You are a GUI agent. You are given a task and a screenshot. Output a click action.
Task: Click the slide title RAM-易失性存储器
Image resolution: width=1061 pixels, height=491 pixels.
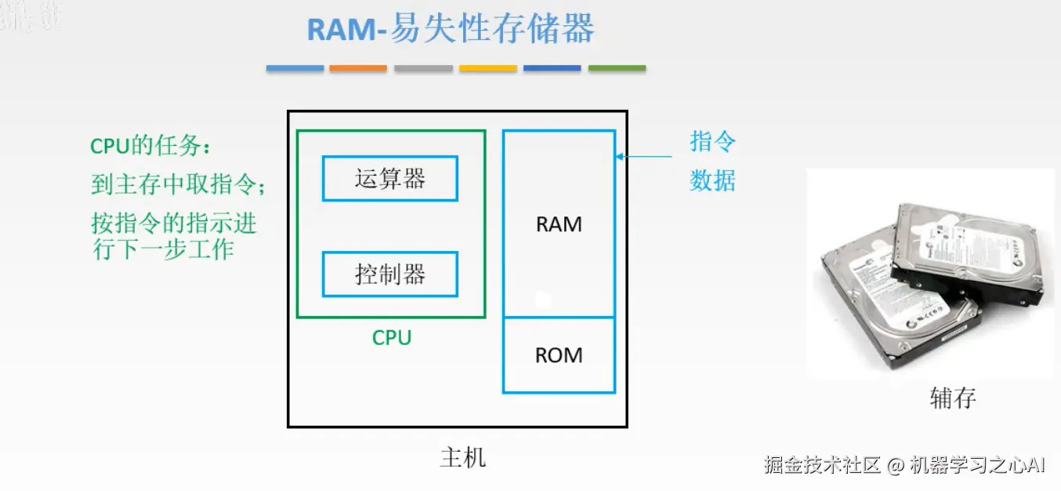pyautogui.click(x=451, y=29)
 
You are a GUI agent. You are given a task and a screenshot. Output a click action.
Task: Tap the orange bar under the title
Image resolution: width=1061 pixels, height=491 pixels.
pyautogui.click(x=358, y=69)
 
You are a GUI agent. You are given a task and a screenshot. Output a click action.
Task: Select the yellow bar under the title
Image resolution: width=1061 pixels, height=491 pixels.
pyautogui.click(x=487, y=69)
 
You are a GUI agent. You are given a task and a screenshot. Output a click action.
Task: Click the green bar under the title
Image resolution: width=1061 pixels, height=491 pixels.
pyautogui.click(x=617, y=69)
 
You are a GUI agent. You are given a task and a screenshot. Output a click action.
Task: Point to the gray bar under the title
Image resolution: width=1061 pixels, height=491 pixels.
pyautogui.click(x=423, y=69)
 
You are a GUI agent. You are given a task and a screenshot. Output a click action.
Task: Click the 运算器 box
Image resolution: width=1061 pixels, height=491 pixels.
pyautogui.click(x=389, y=179)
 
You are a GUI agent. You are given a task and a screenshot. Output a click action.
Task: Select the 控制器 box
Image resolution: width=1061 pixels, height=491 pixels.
pyautogui.click(x=389, y=274)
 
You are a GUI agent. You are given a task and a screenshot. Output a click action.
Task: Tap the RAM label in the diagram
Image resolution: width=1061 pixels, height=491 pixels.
pyautogui.click(x=559, y=224)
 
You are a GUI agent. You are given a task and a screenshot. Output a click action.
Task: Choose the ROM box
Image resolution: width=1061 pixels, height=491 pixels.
pyautogui.click(x=559, y=355)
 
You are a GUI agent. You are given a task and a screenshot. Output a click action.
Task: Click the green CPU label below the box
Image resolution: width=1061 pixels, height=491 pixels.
pyautogui.click(x=391, y=338)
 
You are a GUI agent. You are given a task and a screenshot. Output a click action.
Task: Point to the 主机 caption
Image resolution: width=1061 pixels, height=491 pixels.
pyautogui.click(x=462, y=457)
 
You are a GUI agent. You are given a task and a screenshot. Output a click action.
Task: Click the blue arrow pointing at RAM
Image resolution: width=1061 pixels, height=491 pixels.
pyautogui.click(x=643, y=157)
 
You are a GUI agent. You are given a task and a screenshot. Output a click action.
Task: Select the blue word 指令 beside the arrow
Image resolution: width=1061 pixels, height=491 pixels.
pyautogui.click(x=712, y=143)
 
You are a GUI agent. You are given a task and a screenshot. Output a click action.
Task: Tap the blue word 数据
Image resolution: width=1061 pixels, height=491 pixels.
pyautogui.click(x=712, y=181)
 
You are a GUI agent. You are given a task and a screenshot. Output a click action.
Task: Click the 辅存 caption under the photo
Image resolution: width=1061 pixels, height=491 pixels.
pyautogui.click(x=952, y=398)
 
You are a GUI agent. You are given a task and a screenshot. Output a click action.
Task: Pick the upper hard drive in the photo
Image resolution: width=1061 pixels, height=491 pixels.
pyautogui.click(x=972, y=251)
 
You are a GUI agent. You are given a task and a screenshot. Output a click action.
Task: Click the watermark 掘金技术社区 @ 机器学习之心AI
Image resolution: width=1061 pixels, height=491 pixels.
pyautogui.click(x=905, y=464)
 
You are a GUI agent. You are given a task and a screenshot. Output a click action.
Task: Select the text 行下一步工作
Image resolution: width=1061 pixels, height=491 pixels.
pyautogui.click(x=163, y=250)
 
